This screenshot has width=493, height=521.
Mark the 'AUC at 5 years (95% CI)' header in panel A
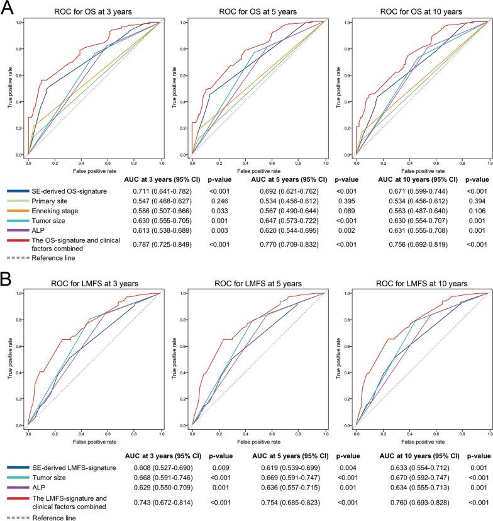pos(280,179)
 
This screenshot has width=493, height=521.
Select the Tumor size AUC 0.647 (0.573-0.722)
pos(281,223)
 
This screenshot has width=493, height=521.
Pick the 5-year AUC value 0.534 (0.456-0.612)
pos(281,201)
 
